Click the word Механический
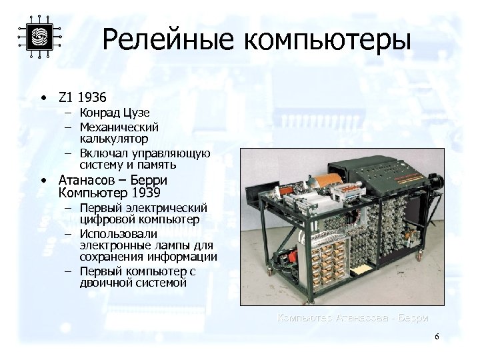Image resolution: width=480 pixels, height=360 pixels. pos(119,126)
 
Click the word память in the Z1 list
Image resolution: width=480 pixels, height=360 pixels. pos(157,164)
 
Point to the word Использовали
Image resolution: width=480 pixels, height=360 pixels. pos(118,233)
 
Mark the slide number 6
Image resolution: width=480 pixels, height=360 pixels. pos(437,337)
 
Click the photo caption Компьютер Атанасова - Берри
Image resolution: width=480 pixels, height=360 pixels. pos(353,317)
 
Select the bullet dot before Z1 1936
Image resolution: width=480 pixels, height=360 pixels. pos(43,97)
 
